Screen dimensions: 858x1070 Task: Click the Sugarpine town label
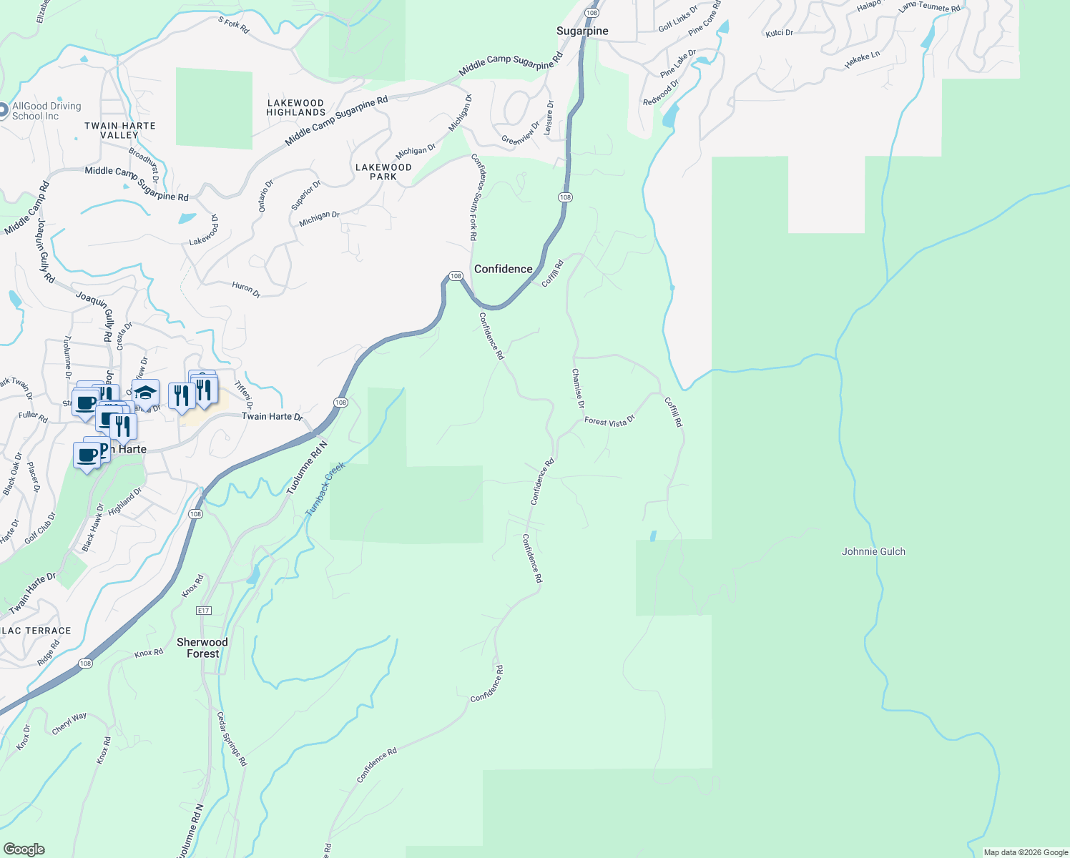point(582,31)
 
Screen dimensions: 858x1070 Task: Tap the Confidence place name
point(503,269)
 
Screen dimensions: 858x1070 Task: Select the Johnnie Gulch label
point(873,551)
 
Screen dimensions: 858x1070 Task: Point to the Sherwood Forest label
point(202,648)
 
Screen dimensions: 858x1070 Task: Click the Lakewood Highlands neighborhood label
point(296,108)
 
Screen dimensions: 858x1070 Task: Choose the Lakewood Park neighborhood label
point(383,172)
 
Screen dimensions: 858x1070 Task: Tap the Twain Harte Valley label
point(119,130)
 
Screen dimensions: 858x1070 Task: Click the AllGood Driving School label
point(46,111)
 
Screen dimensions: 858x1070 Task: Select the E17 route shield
point(204,610)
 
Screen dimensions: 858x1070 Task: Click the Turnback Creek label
point(325,489)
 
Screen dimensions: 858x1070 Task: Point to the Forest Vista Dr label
point(609,422)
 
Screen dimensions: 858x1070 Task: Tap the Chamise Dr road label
point(577,389)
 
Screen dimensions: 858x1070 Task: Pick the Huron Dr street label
point(246,289)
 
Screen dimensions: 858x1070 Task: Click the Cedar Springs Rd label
point(232,739)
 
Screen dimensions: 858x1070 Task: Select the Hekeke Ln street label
point(862,60)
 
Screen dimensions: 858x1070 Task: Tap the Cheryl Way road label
point(69,724)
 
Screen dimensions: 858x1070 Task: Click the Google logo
point(24,849)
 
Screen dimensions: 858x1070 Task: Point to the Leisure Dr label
point(549,118)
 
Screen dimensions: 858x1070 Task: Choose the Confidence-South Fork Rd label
point(475,197)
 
